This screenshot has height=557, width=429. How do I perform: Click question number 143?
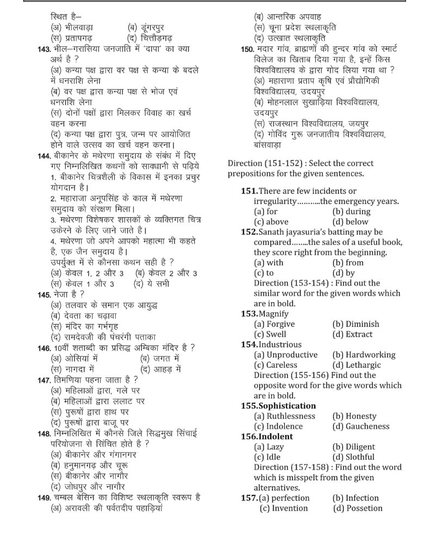pyautogui.click(x=43, y=49)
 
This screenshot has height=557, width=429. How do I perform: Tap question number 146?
pyautogui.click(x=43, y=348)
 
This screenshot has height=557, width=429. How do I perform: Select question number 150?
pyautogui.click(x=247, y=49)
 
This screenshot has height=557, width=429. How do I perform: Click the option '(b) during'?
pyautogui.click(x=351, y=211)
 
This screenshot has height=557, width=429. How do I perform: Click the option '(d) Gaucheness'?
pyautogui.click(x=360, y=426)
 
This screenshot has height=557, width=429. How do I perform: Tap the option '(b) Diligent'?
pyautogui.click(x=353, y=447)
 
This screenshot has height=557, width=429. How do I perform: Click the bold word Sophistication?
pyautogui.click(x=287, y=406)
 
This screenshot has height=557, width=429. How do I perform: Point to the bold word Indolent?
pyautogui.click(x=276, y=436)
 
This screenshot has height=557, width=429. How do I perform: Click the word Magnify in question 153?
pyautogui.click(x=273, y=313)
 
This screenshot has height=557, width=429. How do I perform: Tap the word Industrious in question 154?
pyautogui.click(x=280, y=344)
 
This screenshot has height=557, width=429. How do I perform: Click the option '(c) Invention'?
pyautogui.click(x=283, y=508)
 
